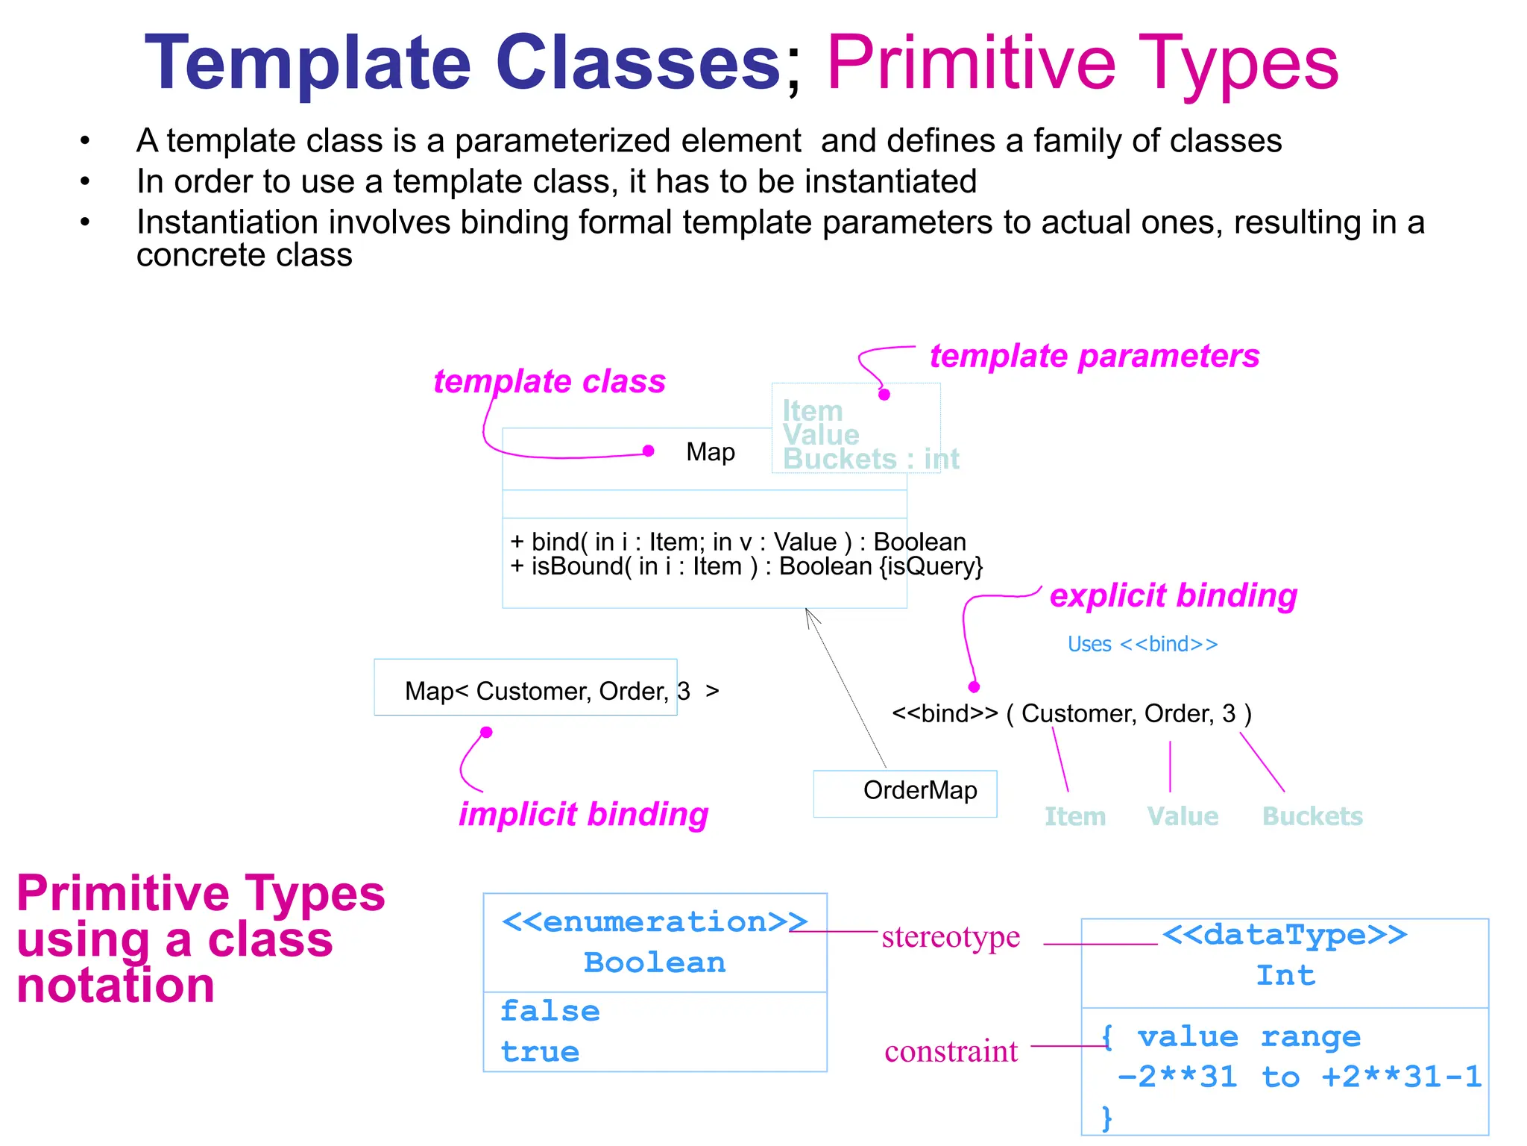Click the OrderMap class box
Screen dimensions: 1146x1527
pos(904,792)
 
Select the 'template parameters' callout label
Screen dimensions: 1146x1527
pos(1094,356)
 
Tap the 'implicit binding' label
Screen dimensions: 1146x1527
pos(583,814)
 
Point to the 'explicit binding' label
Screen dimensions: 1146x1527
pos(1173,595)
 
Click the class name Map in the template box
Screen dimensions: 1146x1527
pos(710,452)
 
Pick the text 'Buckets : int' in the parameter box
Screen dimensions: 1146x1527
pos(870,459)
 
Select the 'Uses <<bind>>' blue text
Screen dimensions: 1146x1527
pos(1142,644)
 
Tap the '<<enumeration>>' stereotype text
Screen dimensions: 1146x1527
pos(654,922)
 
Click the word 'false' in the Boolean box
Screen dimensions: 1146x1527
pos(550,1012)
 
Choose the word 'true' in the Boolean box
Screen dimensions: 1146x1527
pos(540,1052)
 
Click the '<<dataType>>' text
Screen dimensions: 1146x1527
pos(1284,935)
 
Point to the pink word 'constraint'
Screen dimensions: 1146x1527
pos(951,1051)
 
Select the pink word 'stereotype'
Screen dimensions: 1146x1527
pos(951,936)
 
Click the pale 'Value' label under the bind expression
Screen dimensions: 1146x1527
pos(1183,816)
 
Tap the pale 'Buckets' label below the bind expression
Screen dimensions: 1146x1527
pos(1312,816)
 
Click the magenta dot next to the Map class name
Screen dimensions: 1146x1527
pos(648,451)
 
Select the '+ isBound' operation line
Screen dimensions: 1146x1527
pos(746,566)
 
